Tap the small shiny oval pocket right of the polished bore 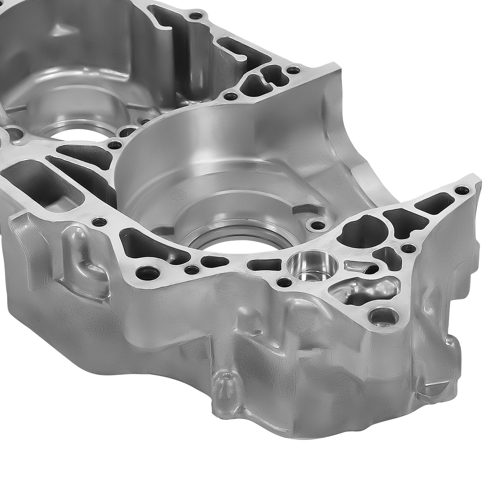tap(351, 266)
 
